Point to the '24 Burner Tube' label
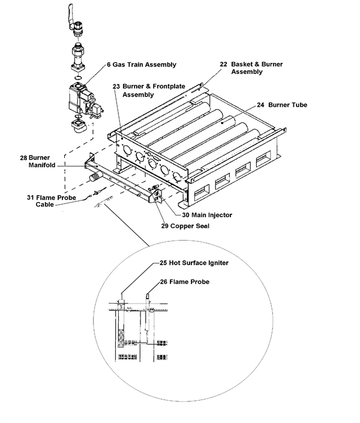(282, 105)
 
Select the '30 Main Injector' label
(209, 214)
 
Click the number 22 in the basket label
(223, 64)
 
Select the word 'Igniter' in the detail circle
(217, 262)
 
